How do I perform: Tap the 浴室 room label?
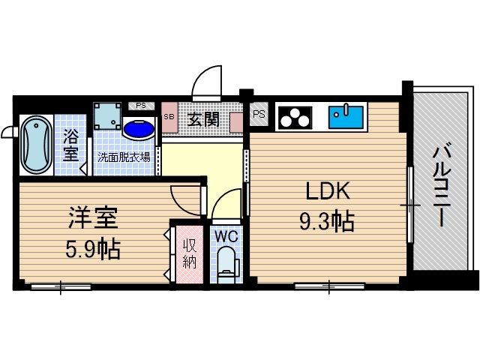pos(70,145)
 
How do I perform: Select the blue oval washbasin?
pos(139,129)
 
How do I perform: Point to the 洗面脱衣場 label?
pos(124,157)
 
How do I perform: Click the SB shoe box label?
pos(169,117)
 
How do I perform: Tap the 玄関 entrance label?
pos(202,118)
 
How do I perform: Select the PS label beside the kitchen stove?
pos(259,115)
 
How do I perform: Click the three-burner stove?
pos(295,117)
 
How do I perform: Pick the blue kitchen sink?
pos(347,115)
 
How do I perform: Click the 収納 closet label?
pos(187,252)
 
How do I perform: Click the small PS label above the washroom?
pos(141,106)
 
